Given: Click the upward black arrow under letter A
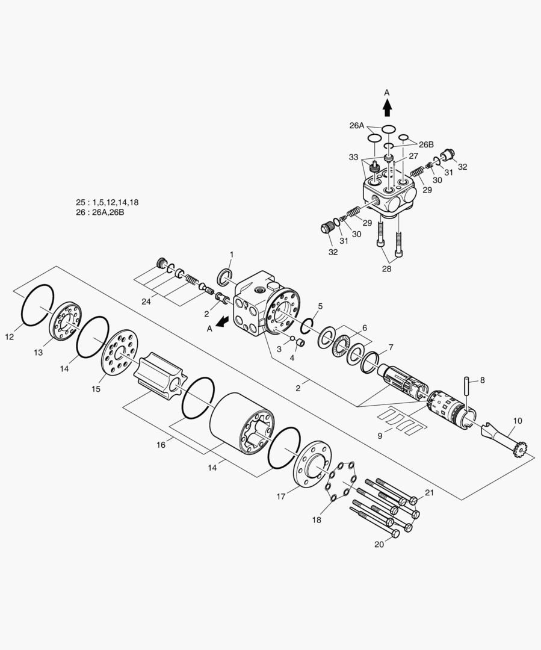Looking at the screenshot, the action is (387, 108).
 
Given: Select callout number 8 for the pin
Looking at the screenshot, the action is (482, 380).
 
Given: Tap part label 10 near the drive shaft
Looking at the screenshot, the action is (518, 421).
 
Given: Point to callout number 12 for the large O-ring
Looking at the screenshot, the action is (10, 337).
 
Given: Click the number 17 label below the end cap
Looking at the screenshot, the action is (281, 496).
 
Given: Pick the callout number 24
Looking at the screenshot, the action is (146, 302).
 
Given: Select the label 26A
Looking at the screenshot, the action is (356, 126).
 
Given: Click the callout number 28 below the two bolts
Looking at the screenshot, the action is (386, 268).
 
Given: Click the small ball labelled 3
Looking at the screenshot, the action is (292, 338).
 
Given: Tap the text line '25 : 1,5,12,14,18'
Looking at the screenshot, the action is (107, 203).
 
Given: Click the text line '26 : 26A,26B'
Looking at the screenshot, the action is (100, 212).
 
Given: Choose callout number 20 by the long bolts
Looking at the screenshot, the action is (379, 544).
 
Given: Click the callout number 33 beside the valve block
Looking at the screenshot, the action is (353, 157).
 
